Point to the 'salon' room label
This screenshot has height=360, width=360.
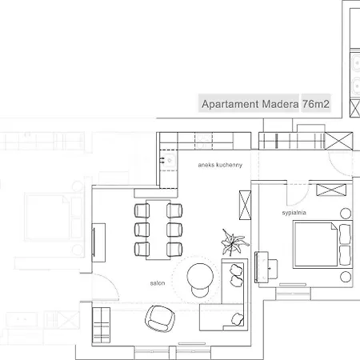157,283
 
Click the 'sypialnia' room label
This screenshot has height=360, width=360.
293,214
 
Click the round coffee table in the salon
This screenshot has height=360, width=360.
200,278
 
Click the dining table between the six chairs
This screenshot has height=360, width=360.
156,227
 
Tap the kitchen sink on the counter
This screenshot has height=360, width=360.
170,161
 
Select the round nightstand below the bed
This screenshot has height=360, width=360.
345,276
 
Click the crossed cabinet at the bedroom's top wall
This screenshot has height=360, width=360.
329,190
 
